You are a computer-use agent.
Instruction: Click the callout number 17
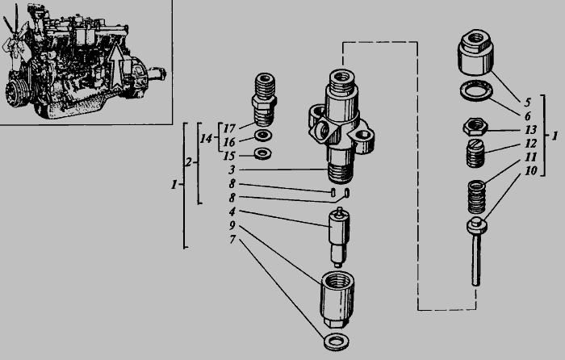tap(229, 128)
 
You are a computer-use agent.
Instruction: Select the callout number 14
tap(206, 138)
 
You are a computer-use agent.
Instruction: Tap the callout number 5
tap(528, 103)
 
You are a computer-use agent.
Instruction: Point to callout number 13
tap(531, 129)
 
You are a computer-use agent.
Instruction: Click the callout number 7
tap(232, 239)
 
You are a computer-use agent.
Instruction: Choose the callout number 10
tap(531, 170)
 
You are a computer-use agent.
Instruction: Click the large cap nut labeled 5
tap(475, 52)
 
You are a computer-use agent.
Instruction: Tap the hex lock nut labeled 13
tap(475, 127)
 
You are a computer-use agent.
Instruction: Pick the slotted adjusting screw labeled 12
tap(475, 153)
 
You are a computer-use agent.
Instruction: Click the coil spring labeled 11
tap(476, 198)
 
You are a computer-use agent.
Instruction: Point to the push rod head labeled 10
tap(477, 225)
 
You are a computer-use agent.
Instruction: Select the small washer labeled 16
tap(263, 136)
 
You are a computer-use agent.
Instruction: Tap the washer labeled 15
tap(262, 153)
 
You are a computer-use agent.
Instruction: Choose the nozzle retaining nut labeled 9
tap(337, 299)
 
